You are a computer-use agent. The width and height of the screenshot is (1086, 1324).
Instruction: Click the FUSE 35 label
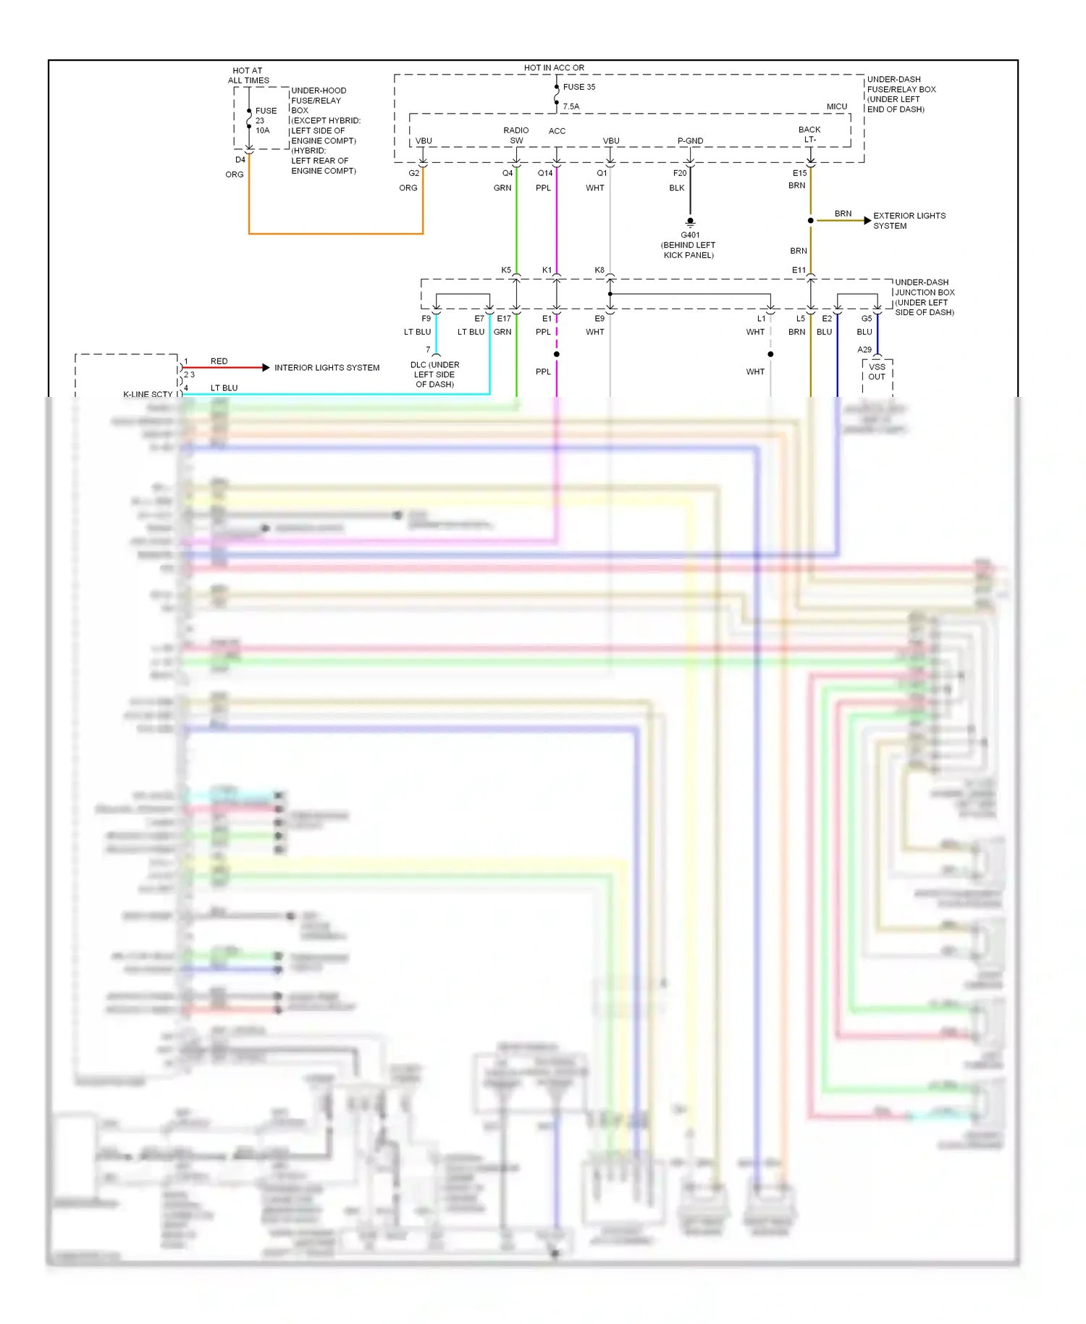[x=578, y=87]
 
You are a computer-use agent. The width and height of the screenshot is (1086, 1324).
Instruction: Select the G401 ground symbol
[x=690, y=222]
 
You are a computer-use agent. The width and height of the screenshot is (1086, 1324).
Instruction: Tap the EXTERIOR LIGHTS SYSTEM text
[x=909, y=221]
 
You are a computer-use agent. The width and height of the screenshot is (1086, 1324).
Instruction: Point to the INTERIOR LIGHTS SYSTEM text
[x=327, y=368]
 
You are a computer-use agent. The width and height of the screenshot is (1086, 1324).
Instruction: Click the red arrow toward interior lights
[x=265, y=368]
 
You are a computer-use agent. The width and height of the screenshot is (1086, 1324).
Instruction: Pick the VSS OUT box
[x=877, y=372]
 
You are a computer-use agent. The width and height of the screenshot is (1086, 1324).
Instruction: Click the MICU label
[x=836, y=106]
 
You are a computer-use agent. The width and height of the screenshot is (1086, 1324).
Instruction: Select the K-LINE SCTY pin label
[x=148, y=395]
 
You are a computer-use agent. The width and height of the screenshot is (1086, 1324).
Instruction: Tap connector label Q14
[x=545, y=173]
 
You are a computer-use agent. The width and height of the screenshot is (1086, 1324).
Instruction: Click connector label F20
[x=679, y=173]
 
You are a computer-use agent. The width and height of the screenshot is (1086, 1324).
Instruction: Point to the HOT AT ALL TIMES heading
[x=248, y=76]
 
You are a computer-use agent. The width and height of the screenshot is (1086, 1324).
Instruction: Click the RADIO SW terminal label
[x=516, y=135]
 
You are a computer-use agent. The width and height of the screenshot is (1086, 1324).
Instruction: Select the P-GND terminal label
[x=690, y=141]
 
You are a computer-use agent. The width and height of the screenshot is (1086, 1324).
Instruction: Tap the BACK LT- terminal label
[x=809, y=135]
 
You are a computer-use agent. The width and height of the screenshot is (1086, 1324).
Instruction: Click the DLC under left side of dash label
[x=434, y=374]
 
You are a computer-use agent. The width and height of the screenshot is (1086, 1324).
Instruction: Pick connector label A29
[x=864, y=350]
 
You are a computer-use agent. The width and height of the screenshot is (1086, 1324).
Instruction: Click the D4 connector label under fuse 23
[x=240, y=160]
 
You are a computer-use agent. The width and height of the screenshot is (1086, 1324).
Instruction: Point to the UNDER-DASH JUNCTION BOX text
[x=924, y=297]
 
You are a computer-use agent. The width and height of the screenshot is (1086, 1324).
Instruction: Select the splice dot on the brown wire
[x=810, y=220]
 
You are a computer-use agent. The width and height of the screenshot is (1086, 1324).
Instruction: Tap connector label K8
[x=599, y=270]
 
